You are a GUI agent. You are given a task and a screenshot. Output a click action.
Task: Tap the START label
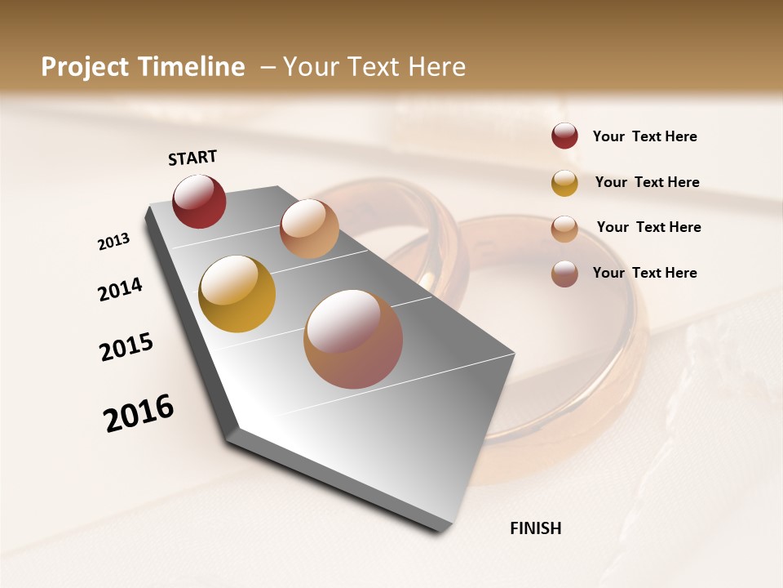[192, 158]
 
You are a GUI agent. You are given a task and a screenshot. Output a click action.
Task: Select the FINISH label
[535, 528]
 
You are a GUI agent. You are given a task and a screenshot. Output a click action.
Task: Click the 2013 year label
[113, 242]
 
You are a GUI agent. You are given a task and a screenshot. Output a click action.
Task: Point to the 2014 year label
[120, 289]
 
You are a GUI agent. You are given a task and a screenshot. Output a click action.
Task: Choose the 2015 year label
[126, 347]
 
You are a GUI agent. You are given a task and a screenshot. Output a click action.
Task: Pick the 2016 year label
[139, 412]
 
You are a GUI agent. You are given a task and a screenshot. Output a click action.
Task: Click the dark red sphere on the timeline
[199, 201]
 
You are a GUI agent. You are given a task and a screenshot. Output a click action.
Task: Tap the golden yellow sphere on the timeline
[237, 294]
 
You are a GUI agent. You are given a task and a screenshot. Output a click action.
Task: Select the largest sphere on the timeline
[353, 339]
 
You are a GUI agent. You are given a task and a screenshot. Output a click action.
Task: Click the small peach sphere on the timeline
[309, 229]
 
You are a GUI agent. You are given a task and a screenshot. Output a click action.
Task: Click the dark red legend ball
[564, 136]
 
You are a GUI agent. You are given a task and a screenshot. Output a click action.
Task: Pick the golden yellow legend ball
[564, 183]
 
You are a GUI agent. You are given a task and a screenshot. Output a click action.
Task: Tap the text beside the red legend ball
[644, 136]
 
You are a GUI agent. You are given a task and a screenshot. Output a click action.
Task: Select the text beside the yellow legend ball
[647, 182]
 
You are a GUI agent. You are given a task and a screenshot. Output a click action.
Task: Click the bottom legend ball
[564, 274]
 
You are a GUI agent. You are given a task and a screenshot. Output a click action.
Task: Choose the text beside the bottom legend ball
[644, 273]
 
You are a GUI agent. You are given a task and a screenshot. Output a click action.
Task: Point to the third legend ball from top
[564, 229]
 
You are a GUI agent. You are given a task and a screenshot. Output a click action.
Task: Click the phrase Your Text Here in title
[374, 67]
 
